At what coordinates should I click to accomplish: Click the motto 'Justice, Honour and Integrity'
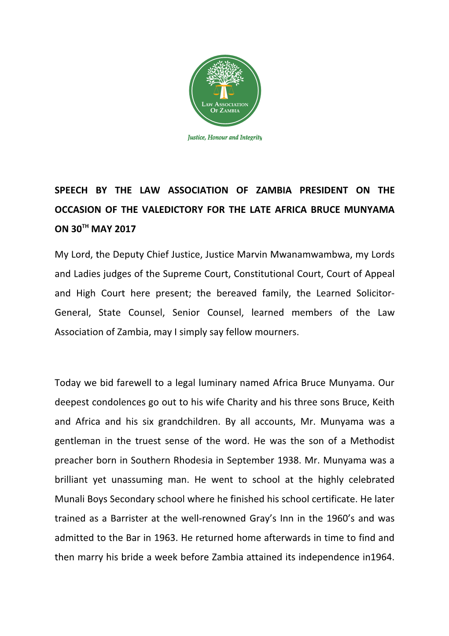pyautogui.click(x=224, y=138)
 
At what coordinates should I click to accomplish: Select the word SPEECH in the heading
pyautogui.click(x=71, y=190)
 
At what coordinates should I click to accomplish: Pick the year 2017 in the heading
pyautogui.click(x=125, y=229)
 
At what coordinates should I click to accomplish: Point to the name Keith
pyautogui.click(x=383, y=402)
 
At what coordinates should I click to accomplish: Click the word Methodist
pyautogui.click(x=372, y=441)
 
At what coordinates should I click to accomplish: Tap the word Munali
pyautogui.click(x=69, y=499)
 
